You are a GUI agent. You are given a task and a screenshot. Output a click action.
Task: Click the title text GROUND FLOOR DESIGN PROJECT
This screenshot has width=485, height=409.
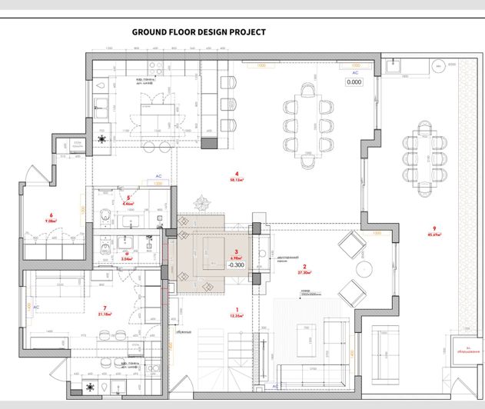[x=198, y=32]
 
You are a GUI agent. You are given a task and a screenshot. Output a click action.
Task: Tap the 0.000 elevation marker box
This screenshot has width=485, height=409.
[x=354, y=81]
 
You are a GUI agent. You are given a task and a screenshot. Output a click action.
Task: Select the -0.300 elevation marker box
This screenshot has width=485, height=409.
[x=236, y=265]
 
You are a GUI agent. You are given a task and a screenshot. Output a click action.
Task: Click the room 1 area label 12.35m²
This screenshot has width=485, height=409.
[x=238, y=315]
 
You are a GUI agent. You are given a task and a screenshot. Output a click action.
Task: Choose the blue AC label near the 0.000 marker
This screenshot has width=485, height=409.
[x=354, y=72]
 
